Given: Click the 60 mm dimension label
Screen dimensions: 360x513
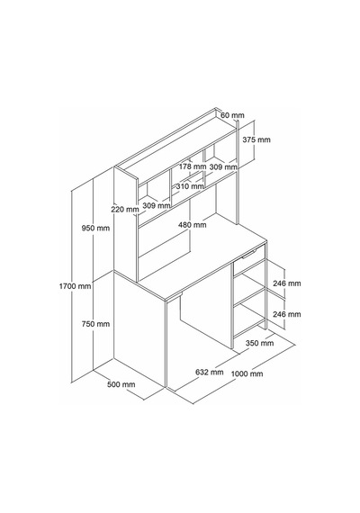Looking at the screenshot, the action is (x=232, y=115).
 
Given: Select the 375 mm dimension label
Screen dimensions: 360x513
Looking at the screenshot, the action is (x=256, y=139).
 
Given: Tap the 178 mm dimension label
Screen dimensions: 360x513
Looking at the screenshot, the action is (x=193, y=166).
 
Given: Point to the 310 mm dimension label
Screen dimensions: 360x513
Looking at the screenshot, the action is (x=190, y=186).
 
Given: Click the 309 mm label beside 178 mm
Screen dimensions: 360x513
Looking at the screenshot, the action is (x=223, y=166).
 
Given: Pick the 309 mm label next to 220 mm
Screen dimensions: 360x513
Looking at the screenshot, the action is (x=157, y=205).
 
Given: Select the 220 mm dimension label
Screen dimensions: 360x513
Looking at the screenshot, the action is (x=125, y=209).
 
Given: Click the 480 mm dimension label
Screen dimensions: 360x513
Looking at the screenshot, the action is (x=193, y=225).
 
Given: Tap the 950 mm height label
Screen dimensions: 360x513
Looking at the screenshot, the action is (x=95, y=228).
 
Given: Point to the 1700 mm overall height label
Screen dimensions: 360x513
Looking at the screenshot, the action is (x=75, y=286).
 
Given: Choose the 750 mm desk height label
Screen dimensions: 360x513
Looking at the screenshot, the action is (x=95, y=324).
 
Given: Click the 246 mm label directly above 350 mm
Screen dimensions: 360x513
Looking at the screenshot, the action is (x=287, y=314).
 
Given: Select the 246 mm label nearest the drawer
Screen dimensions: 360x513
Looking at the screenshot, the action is (x=287, y=283).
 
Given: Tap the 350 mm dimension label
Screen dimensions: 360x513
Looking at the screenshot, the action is (x=259, y=343).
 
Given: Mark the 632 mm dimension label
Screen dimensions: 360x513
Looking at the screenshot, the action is (x=210, y=372).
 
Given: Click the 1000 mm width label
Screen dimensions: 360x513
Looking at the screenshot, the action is (x=247, y=373).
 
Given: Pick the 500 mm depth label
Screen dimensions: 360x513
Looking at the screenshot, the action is (x=121, y=384).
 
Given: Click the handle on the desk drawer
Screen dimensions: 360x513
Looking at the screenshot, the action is (x=249, y=254).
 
